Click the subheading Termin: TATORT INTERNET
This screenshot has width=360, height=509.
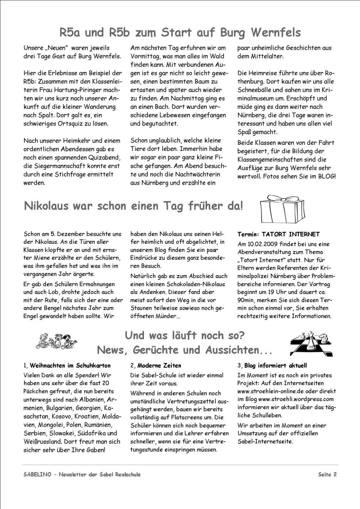tap(279, 234)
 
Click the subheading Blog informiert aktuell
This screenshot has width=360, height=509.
tap(276, 365)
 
